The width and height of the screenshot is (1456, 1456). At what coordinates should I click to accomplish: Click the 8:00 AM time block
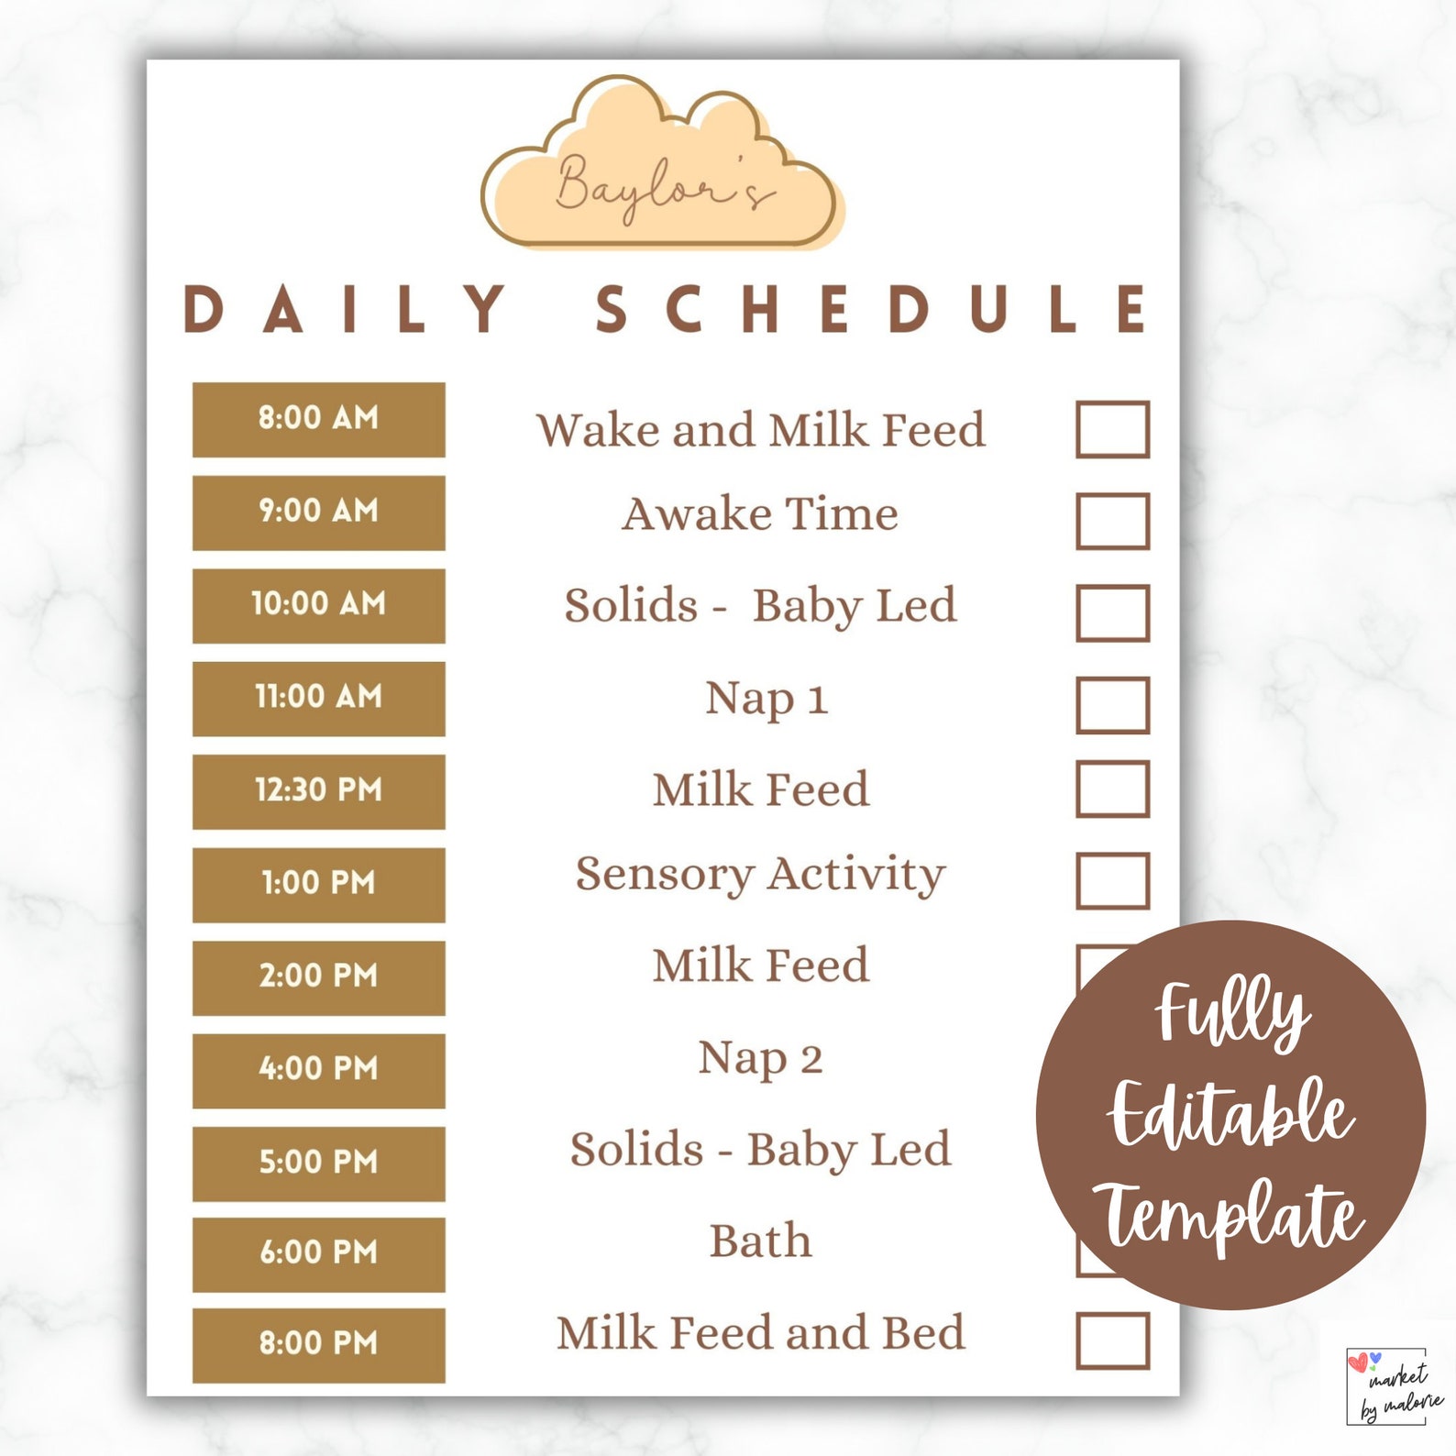[318, 419]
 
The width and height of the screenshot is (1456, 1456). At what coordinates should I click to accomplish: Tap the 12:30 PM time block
[318, 791]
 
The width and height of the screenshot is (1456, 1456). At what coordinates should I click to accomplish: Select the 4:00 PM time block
[318, 1070]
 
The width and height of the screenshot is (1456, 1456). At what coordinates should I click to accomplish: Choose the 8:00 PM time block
[318, 1344]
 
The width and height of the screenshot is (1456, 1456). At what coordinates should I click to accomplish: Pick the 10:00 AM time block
[318, 605]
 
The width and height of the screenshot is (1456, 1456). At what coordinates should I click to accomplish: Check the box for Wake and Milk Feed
[1112, 429]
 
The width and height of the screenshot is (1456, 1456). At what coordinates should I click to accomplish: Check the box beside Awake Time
[1112, 521]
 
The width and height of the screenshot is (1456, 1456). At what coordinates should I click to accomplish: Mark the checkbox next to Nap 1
[1112, 705]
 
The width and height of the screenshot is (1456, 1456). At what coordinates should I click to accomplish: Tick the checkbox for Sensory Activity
[1112, 880]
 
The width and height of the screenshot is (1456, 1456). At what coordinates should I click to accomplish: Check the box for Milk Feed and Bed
[1112, 1340]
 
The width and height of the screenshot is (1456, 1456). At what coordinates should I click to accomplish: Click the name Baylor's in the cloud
[662, 186]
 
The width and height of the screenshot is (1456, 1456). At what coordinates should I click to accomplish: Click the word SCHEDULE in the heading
[871, 309]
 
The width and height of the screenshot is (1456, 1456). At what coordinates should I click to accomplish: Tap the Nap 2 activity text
[760, 1059]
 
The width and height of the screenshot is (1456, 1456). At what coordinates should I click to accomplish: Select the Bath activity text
[760, 1241]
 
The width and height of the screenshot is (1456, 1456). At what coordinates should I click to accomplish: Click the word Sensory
[664, 875]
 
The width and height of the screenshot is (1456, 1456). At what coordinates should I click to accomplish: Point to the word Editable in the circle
[1230, 1114]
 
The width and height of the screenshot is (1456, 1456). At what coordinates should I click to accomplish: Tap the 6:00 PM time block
[318, 1253]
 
